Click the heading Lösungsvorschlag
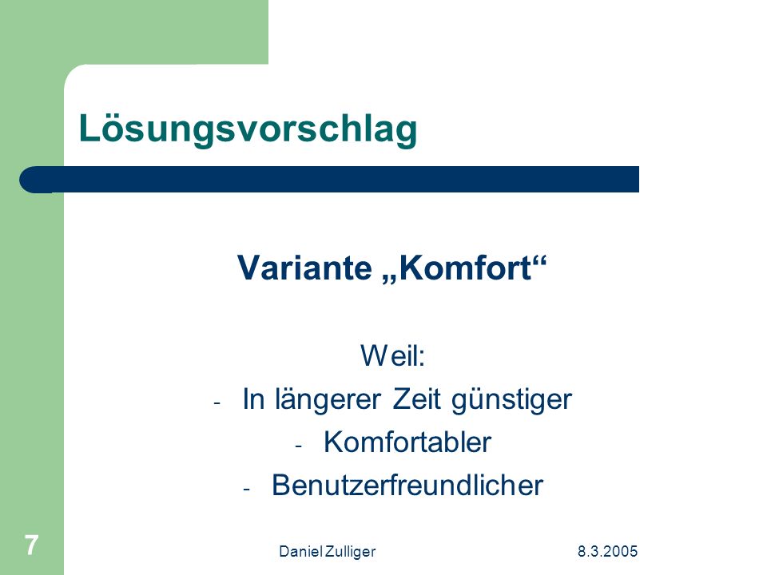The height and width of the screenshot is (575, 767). tap(248, 129)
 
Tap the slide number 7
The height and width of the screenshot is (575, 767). tap(31, 545)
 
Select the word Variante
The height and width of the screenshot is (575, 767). tap(304, 268)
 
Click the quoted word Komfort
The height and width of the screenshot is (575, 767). tap(466, 268)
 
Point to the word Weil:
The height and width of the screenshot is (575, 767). tap(393, 355)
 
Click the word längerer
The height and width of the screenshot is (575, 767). tap(328, 399)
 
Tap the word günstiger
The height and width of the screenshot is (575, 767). tap(511, 400)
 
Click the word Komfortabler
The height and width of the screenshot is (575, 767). tap(407, 442)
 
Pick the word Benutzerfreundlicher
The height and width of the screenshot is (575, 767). tap(407, 485)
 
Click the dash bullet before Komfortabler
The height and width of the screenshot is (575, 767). tap(299, 446)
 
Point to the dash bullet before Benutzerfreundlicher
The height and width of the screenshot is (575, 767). tap(247, 490)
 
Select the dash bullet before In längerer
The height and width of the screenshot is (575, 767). tap(217, 403)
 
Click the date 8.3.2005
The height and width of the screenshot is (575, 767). tap(607, 552)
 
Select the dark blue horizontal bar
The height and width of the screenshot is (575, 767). tap(329, 180)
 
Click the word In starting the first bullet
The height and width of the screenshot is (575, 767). tap(253, 399)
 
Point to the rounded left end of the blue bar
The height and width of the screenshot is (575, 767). tap(21, 180)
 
